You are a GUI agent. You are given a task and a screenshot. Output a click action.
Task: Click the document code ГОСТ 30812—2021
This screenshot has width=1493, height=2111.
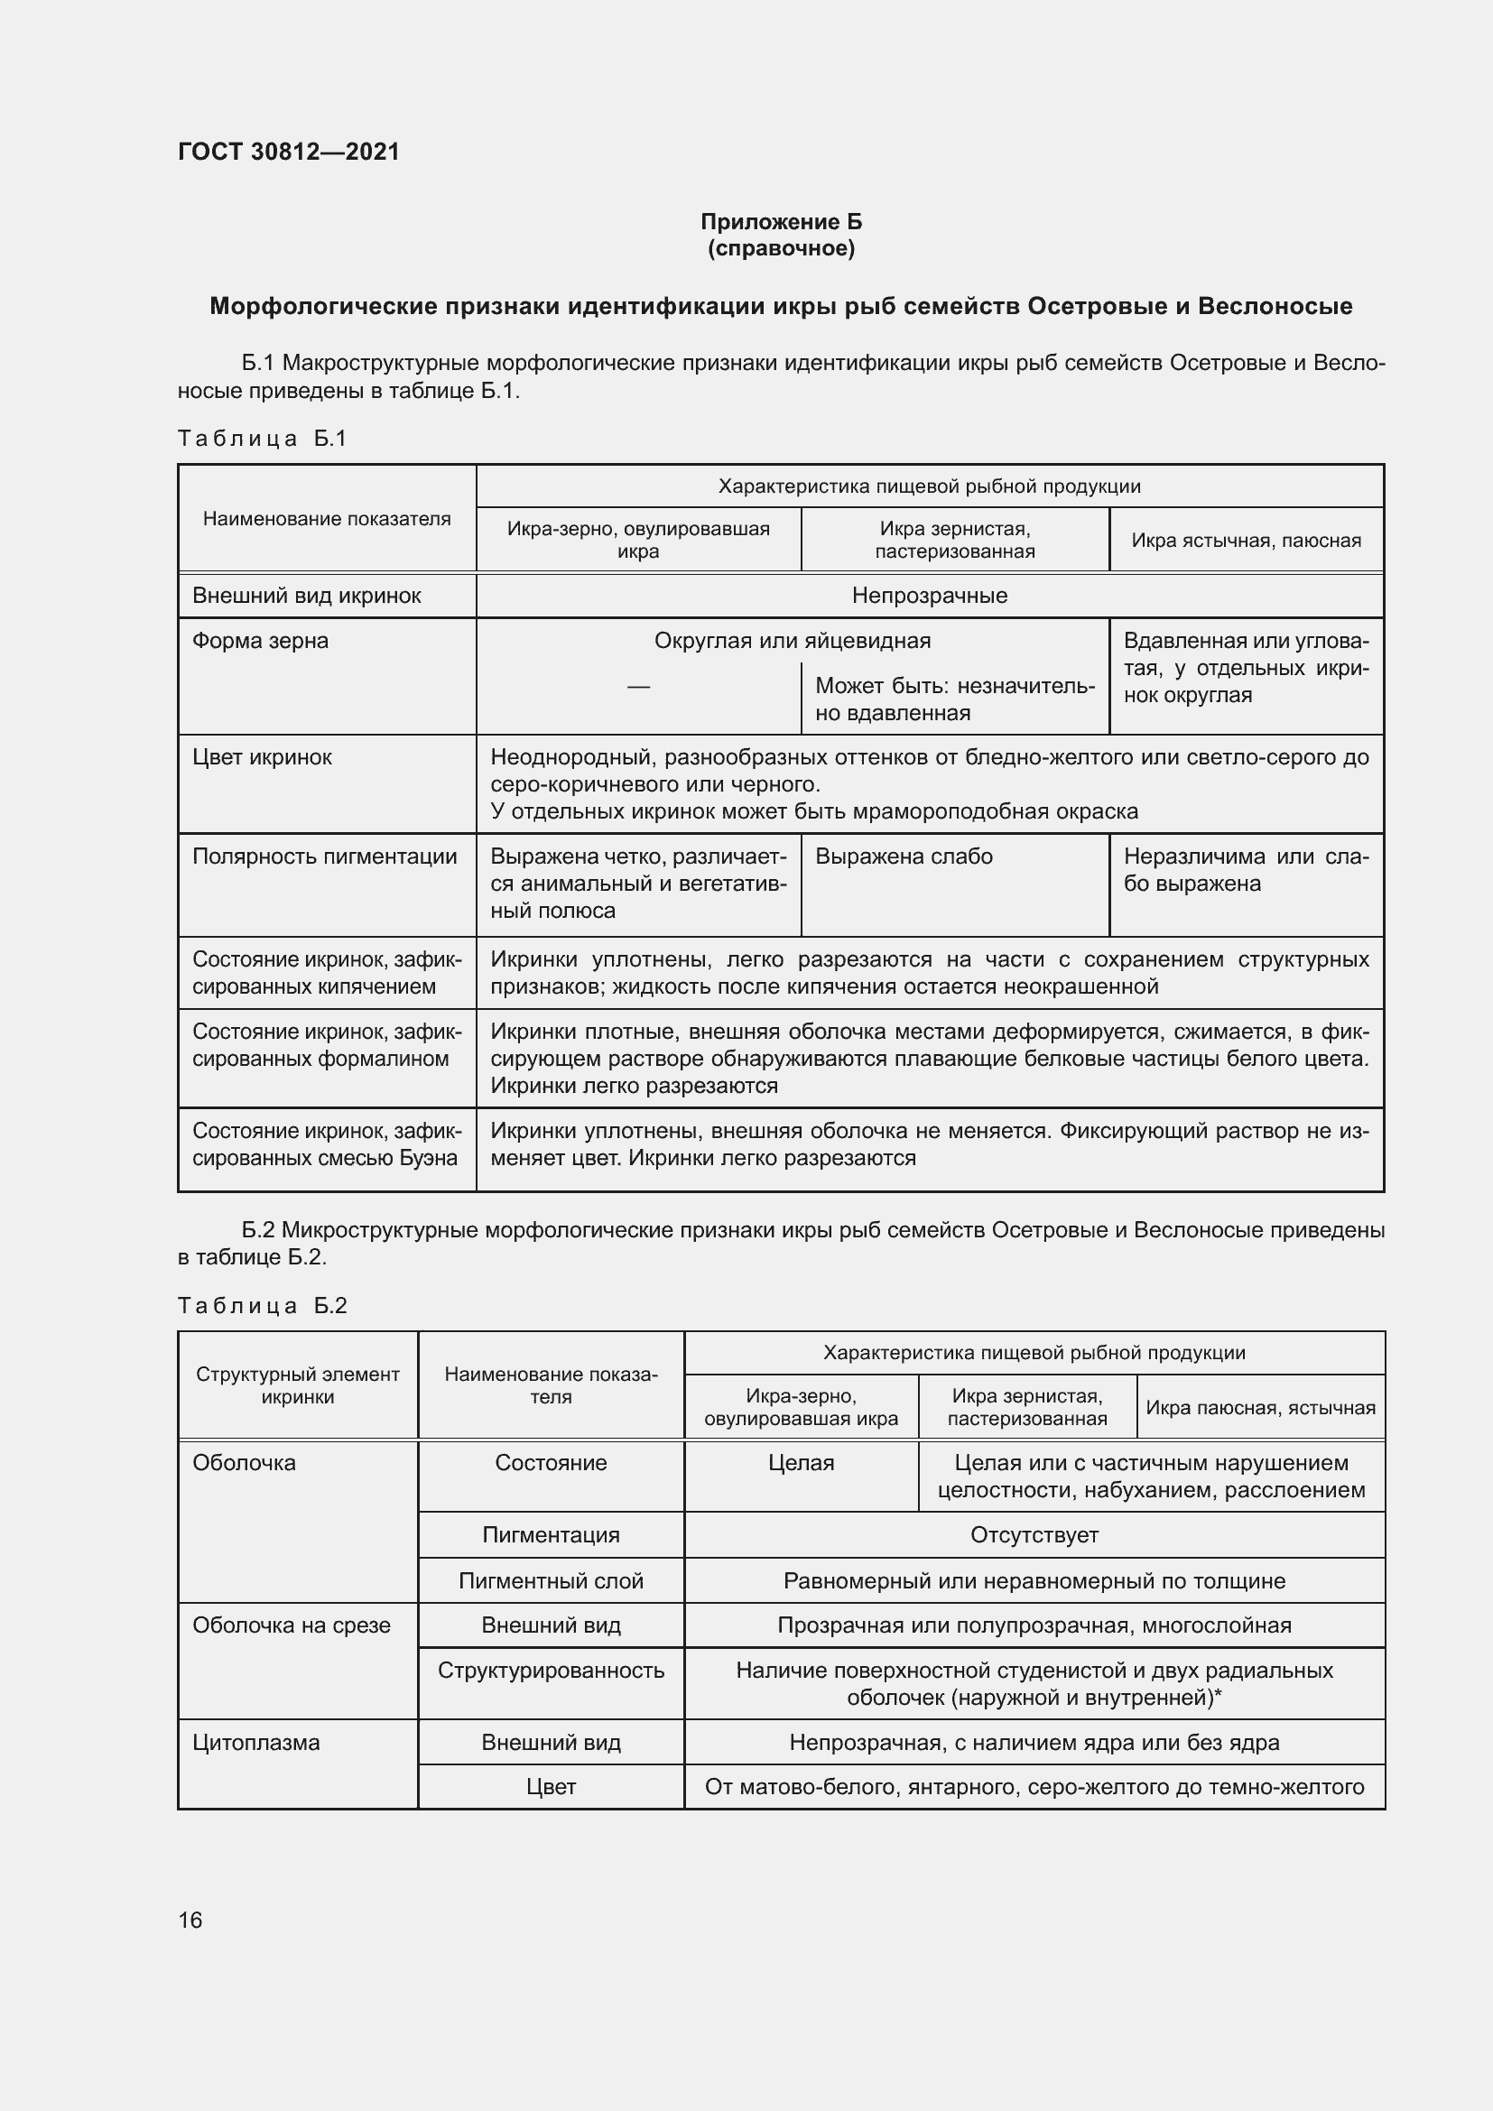[289, 152]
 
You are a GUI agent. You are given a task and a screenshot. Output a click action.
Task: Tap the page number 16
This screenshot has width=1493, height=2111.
[190, 1920]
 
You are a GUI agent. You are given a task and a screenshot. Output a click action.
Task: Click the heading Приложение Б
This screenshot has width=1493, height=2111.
[781, 222]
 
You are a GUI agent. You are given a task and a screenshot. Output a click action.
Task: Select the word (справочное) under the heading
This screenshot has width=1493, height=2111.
[781, 248]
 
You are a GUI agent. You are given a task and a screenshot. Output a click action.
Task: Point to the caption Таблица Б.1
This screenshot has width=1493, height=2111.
[262, 439]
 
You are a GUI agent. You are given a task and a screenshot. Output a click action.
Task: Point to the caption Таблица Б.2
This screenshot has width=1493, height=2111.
[262, 1306]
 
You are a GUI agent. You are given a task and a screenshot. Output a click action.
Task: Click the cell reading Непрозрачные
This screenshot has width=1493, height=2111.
[929, 596]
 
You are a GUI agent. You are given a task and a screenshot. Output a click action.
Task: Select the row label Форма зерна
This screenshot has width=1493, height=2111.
[260, 641]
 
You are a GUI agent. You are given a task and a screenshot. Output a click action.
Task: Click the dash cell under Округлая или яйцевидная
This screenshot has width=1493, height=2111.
[638, 687]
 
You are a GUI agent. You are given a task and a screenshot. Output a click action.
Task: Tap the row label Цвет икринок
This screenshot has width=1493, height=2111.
[262, 757]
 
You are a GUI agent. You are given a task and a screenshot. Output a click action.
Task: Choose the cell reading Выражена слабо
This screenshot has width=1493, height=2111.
[904, 856]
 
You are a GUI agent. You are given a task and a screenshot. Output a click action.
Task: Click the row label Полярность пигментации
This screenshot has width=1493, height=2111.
[325, 856]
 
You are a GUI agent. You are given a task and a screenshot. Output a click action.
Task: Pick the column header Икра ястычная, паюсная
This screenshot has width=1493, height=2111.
[1246, 541]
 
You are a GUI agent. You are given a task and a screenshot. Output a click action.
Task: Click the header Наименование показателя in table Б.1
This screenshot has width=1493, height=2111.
[327, 519]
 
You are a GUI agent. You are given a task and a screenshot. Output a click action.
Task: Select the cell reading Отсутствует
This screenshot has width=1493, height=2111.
[1034, 1534]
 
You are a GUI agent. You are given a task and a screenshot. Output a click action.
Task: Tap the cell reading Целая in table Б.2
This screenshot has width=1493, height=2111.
[801, 1463]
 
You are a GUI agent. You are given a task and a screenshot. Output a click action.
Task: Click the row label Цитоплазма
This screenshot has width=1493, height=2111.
[255, 1742]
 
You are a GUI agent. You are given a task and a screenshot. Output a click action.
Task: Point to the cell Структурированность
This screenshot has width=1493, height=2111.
[551, 1671]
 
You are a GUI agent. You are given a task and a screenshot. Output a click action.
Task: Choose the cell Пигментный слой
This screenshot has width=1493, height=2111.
[551, 1580]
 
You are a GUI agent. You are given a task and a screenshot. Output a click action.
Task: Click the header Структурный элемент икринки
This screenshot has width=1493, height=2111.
[297, 1385]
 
